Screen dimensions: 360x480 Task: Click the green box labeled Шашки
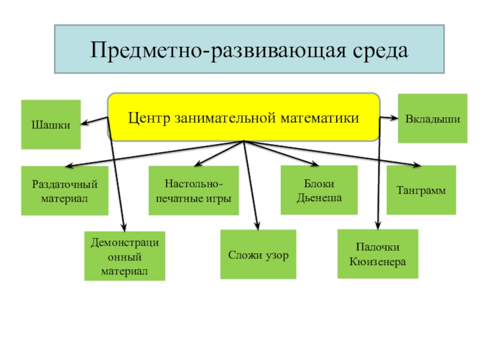point(51,124)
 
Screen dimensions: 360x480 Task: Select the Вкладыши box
point(433,118)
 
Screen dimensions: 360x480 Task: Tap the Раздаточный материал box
point(65,191)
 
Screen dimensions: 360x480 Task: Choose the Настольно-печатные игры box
point(193,191)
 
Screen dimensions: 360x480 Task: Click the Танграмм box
point(421,190)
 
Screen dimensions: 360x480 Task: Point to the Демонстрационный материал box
point(124,257)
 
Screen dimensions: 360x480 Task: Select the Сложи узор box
point(258,255)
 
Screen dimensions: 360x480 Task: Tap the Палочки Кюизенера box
point(377,254)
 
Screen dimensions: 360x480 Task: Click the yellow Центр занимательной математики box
point(244,117)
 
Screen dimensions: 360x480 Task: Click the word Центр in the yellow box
point(149,117)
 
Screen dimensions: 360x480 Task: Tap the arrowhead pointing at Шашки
point(84,124)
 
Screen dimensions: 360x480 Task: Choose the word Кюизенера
point(377,262)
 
